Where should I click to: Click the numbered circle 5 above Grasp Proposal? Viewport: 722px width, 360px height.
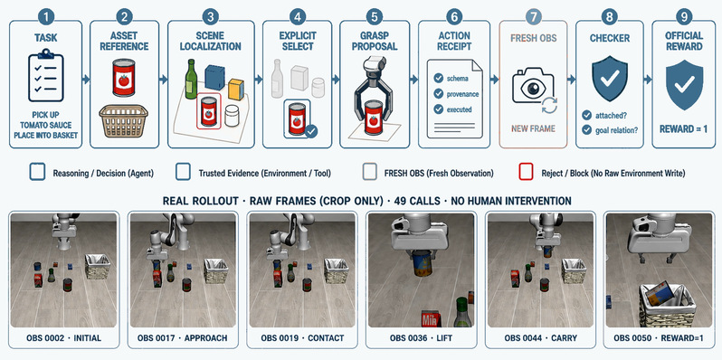click(375, 17)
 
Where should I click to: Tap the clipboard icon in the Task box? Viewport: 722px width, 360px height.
click(46, 76)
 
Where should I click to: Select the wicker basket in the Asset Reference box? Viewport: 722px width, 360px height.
click(123, 120)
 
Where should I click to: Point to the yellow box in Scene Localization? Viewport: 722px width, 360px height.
click(236, 90)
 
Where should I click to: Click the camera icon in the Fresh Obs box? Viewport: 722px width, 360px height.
click(534, 86)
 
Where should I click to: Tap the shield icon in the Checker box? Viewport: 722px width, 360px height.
click(609, 79)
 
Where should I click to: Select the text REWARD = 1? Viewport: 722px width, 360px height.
click(684, 129)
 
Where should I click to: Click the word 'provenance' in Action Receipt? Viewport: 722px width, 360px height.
click(462, 94)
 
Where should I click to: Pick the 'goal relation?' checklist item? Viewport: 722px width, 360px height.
click(616, 130)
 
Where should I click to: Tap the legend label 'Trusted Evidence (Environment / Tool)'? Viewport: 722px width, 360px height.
click(265, 174)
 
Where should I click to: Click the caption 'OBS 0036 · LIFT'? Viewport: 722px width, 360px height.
click(421, 338)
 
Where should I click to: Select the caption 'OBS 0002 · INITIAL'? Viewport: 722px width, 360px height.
click(64, 338)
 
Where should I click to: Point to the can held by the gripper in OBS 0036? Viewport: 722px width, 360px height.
click(423, 264)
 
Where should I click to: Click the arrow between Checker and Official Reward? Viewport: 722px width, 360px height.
click(648, 80)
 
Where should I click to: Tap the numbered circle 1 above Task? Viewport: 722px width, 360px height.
click(45, 17)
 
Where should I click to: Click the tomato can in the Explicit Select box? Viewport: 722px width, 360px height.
click(297, 118)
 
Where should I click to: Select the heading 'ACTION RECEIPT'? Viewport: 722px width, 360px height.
click(454, 41)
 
